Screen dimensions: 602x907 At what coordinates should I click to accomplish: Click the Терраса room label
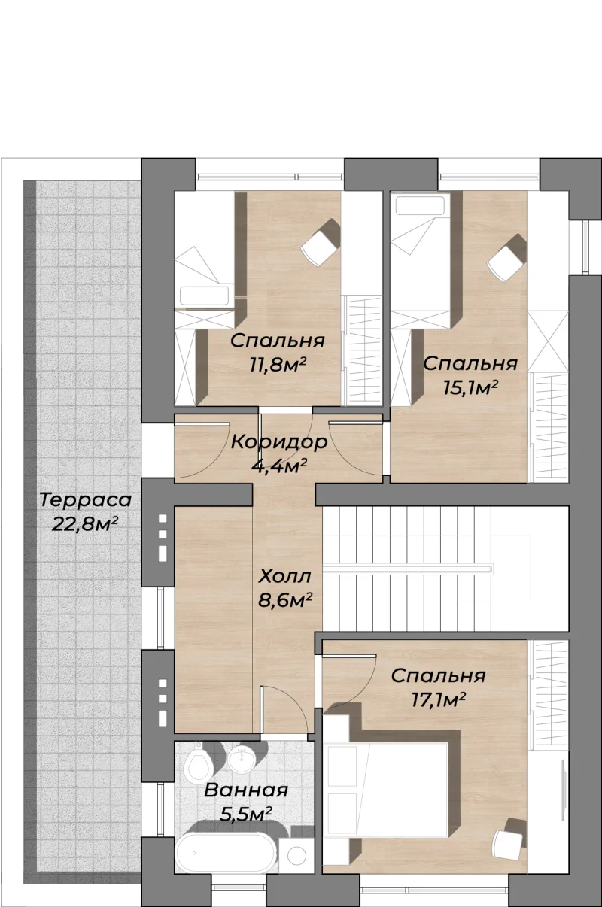click(86, 501)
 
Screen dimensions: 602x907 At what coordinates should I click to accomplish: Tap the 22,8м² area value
click(85, 524)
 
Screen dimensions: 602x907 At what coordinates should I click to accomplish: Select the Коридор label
click(279, 442)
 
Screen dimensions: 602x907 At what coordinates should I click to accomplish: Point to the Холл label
click(284, 576)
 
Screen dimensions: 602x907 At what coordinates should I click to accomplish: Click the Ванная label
click(246, 790)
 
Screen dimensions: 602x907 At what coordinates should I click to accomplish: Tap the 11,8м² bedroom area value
click(278, 365)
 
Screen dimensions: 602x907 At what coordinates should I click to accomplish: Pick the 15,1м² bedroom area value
click(470, 388)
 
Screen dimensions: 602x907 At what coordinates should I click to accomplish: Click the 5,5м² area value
click(245, 814)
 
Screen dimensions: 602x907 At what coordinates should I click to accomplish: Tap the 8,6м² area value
click(284, 600)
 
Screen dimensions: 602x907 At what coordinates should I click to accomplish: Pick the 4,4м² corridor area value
click(278, 466)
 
